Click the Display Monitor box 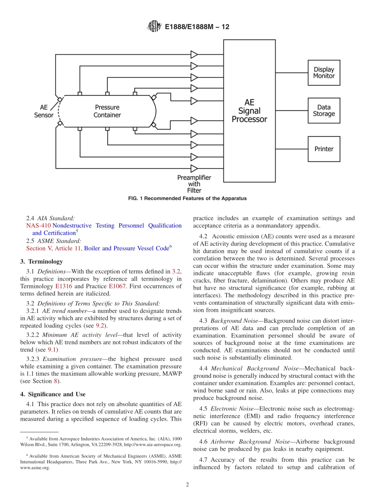[x=324, y=73]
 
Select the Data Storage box [x=324, y=111]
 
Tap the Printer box [x=324, y=149]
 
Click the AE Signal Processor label [x=249, y=111]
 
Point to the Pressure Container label [x=107, y=111]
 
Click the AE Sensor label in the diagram [x=44, y=111]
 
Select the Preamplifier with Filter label [x=194, y=184]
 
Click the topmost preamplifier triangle [x=194, y=54]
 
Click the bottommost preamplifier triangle [x=194, y=168]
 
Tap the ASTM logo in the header [x=154, y=26]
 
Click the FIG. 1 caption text [x=187, y=199]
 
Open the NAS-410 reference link [x=38, y=225]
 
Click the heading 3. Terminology [x=41, y=261]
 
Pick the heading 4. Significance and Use [x=53, y=394]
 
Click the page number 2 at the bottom [x=187, y=485]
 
